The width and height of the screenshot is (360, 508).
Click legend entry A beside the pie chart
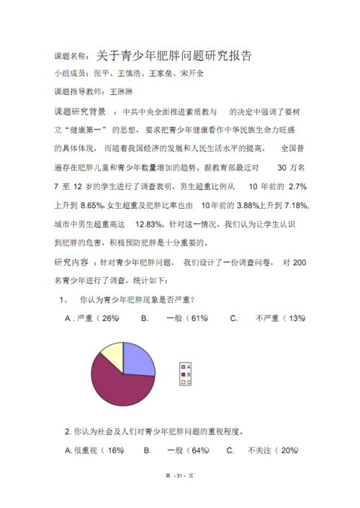[x=186, y=366]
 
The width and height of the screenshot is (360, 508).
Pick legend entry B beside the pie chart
[x=186, y=374]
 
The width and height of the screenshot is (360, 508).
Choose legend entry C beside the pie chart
[x=186, y=382]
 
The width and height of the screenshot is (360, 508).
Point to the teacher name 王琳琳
[x=120, y=92]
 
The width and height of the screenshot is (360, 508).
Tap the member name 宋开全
[x=191, y=73]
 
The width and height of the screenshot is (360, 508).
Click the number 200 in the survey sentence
[x=300, y=263]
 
